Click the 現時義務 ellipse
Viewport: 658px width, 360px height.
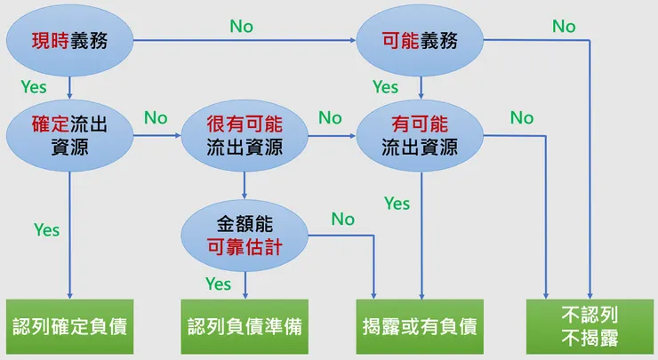(69, 40)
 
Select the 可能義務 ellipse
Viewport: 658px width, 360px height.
(421, 40)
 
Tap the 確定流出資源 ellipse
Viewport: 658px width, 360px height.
(69, 135)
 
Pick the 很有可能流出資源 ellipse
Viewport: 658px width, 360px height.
(244, 135)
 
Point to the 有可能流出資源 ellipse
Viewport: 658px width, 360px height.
(420, 135)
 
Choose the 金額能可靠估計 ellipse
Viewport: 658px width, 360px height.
(244, 234)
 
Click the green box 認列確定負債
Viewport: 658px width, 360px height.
(69, 326)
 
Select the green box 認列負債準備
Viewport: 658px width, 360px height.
(245, 326)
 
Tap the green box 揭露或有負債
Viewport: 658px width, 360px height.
(420, 326)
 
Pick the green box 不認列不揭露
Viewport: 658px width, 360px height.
(590, 326)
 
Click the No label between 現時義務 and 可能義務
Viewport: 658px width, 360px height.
(241, 27)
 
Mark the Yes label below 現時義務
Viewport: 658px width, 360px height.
(34, 87)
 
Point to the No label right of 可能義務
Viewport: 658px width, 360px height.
(564, 27)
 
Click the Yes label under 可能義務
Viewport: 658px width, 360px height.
(385, 87)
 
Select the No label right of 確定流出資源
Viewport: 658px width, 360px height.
(156, 117)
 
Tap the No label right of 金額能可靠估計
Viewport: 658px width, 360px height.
(342, 219)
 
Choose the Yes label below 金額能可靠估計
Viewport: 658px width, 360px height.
(218, 284)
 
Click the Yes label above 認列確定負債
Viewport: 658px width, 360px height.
(46, 230)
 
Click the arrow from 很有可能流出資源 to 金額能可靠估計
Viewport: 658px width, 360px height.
(245, 188)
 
